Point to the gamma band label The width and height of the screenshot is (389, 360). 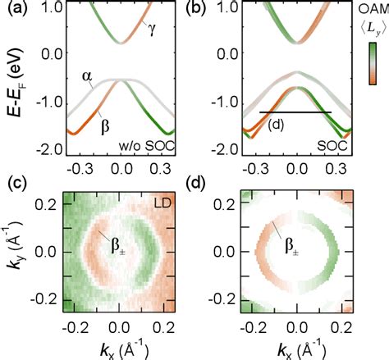[x=153, y=29]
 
